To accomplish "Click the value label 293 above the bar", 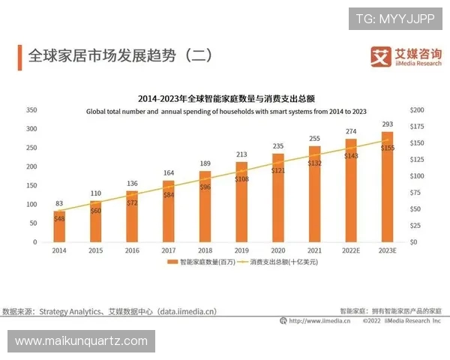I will coord(387,124).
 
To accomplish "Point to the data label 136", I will coord(132,184).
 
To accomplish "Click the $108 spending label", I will coord(241,179).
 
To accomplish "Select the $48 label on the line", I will coord(60,218).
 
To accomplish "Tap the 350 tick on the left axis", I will coord(31,109).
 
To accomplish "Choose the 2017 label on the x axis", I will coord(168,251).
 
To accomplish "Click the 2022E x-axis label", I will coord(350,251).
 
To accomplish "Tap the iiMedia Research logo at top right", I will coord(403,56).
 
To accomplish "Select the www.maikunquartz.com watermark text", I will coord(81,341).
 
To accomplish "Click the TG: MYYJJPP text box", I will coord(394,19).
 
